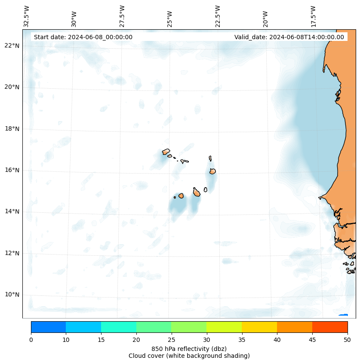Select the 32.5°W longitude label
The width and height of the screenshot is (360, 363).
[x=27, y=16]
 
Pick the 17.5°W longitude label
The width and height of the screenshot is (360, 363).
[x=313, y=16]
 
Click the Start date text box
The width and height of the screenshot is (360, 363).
[x=83, y=37]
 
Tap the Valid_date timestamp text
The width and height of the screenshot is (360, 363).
[x=289, y=37]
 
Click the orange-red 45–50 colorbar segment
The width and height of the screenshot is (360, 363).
[x=329, y=327]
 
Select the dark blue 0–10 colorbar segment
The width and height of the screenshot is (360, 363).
[x=48, y=327]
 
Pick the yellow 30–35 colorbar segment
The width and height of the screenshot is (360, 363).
[x=224, y=327]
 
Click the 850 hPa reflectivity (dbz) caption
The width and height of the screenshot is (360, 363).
[x=189, y=348]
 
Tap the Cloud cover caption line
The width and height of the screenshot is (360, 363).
[x=189, y=356]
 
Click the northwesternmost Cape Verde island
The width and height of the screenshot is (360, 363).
[x=166, y=152]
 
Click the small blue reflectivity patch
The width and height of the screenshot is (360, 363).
[x=343, y=315]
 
